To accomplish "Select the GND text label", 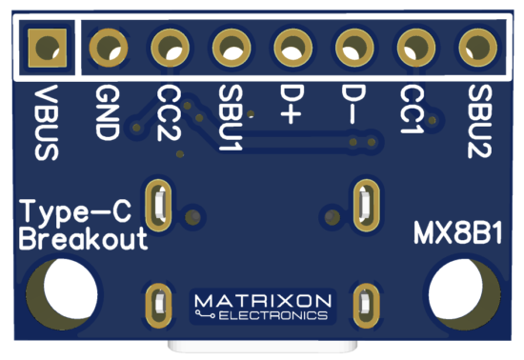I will pos(107,112).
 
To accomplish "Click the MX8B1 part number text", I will pos(459,232).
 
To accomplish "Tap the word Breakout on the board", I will pos(84,238).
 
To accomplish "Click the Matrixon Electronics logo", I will pos(263,306).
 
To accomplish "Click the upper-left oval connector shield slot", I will pos(157,202).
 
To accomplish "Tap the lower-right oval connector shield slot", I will pos(364,305).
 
